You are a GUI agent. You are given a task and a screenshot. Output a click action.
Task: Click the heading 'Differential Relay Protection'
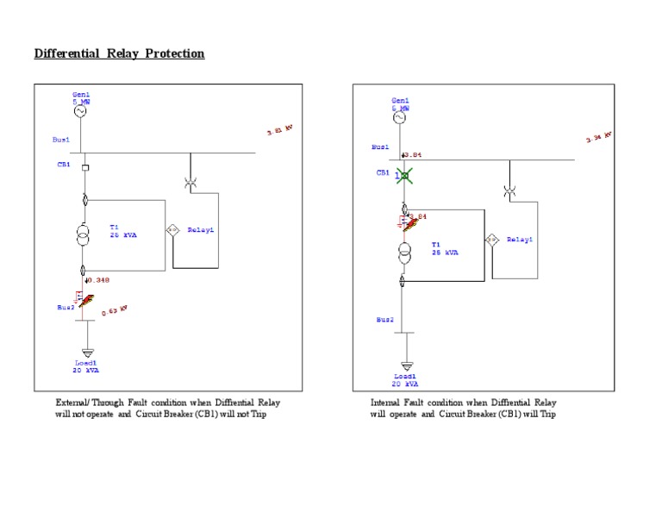(119, 53)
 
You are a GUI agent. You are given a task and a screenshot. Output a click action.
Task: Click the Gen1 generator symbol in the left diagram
(82, 111)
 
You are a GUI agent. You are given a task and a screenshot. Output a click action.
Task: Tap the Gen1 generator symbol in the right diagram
(401, 116)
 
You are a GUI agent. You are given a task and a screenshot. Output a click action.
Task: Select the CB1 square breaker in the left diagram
(84, 165)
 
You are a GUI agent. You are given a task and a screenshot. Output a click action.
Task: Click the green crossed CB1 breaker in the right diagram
(403, 176)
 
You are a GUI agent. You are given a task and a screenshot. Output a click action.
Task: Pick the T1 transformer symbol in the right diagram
(403, 253)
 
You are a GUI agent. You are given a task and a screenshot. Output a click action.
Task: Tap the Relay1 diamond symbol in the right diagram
(491, 240)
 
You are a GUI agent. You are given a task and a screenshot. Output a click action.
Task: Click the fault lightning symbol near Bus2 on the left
(84, 300)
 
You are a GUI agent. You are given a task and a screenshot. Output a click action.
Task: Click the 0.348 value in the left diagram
(97, 279)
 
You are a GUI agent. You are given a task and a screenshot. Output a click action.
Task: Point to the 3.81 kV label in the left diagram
(280, 131)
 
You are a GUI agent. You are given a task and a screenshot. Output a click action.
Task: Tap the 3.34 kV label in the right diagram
(598, 138)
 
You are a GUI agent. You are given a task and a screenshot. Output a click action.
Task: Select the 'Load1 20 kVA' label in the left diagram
(84, 366)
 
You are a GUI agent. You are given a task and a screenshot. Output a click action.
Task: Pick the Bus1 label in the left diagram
(60, 139)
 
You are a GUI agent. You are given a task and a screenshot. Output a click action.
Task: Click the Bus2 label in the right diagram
(384, 320)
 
